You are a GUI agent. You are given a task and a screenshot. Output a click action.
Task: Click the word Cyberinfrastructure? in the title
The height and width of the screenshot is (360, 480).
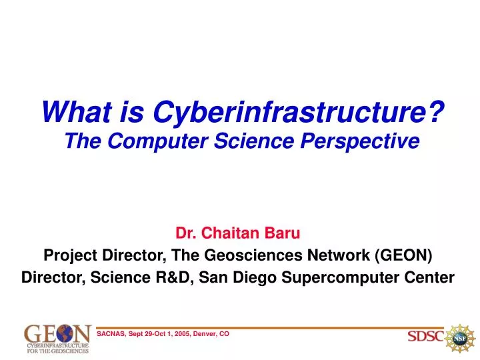coord(299,113)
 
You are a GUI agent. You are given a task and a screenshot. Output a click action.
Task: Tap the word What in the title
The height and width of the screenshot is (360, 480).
coord(77,112)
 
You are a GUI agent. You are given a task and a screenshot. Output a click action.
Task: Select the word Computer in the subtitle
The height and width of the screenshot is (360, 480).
coord(157,141)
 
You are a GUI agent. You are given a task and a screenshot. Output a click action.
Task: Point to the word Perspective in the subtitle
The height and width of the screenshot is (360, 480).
coord(360,141)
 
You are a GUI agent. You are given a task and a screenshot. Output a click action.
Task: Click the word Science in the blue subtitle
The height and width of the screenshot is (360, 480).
coord(254,141)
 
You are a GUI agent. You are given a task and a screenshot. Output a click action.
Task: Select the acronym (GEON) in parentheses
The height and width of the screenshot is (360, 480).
coord(403,255)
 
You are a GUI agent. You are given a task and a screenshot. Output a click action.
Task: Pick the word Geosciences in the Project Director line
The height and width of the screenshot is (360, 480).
coord(253,255)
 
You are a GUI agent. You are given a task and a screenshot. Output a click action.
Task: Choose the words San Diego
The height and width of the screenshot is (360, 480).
coord(237,278)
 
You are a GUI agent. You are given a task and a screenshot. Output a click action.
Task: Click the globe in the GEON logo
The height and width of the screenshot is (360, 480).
coord(65,333)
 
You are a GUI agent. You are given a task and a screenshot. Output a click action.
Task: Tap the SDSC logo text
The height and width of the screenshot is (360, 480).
coord(425,336)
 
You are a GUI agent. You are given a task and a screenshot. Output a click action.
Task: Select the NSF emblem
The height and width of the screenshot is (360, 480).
coord(460,338)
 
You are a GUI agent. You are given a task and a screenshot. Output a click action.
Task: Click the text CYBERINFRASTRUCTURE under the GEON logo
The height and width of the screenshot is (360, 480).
coord(58,345)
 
